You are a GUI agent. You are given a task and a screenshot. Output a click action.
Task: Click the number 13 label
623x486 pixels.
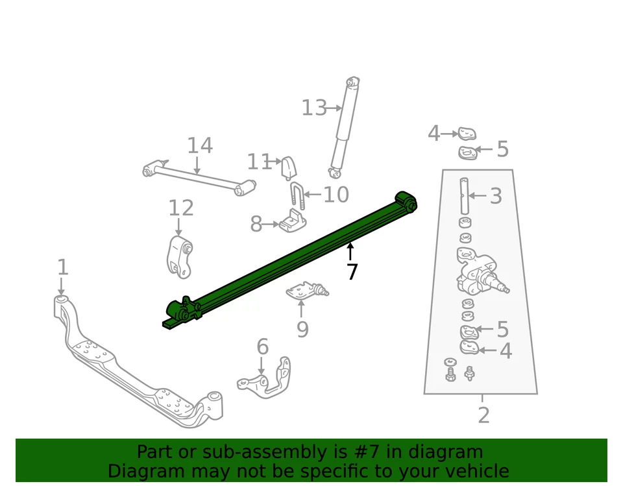(x=314, y=108)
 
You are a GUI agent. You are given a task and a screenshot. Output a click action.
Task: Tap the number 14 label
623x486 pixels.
(x=200, y=146)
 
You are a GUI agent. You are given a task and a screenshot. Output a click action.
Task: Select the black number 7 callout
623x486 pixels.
(x=352, y=272)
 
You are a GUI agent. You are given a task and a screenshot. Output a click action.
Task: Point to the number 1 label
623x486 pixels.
(x=62, y=267)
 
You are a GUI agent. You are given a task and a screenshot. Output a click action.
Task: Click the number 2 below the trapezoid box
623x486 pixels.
(x=483, y=415)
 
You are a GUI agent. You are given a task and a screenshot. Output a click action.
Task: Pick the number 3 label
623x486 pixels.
(x=496, y=195)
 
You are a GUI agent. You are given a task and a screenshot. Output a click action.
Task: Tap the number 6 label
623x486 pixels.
(x=262, y=347)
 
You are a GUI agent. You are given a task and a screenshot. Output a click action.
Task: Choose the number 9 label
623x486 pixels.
(x=302, y=330)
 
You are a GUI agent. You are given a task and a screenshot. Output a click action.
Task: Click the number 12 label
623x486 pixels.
(x=181, y=208)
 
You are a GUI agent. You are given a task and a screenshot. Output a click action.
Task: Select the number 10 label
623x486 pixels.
(x=336, y=195)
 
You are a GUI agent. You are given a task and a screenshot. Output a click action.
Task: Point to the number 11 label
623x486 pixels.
(x=259, y=162)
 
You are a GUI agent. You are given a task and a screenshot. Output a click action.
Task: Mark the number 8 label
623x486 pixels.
(x=256, y=225)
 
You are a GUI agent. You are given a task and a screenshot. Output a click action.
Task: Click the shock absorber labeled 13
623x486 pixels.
(x=343, y=127)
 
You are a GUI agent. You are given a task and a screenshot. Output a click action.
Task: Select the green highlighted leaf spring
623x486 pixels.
(x=292, y=260)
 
